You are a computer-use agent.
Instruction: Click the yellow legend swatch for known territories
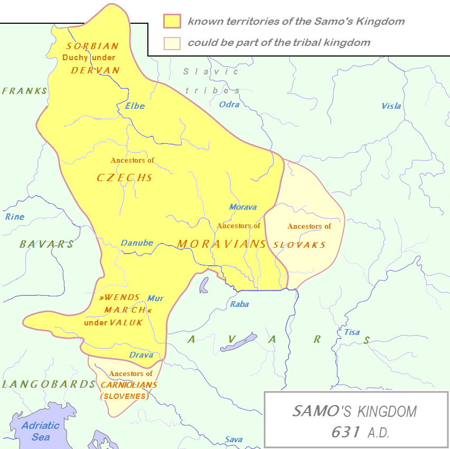coord(172,22)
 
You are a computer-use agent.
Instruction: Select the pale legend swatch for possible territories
coord(172,43)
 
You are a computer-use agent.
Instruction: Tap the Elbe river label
coord(135,106)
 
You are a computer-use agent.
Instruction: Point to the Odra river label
coord(229,105)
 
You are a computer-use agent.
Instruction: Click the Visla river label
coord(391,106)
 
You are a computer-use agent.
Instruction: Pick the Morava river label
coord(243,207)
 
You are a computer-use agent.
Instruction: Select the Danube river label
coord(137,244)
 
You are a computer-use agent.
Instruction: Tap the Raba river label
coord(239,304)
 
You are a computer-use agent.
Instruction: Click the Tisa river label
coord(352,332)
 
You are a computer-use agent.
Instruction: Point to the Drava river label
coord(141,355)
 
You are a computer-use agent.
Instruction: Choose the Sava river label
coord(233,439)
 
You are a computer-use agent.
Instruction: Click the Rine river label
coord(15,217)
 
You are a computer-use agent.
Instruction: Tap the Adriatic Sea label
coord(41,431)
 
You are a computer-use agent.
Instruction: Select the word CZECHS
coord(125,177)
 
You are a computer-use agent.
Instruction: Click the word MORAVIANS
coord(221,244)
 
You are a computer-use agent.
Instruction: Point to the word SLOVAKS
coord(299,245)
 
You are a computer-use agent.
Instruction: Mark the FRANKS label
coord(24,91)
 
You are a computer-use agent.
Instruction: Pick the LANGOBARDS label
coord(48,384)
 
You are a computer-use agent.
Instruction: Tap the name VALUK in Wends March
coord(126,322)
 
